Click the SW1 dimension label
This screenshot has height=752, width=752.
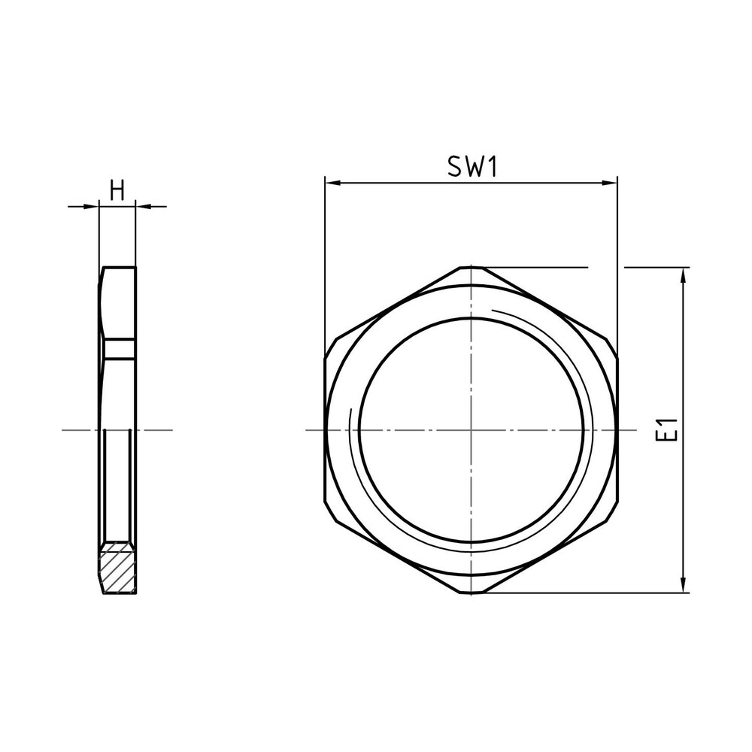coord(472,166)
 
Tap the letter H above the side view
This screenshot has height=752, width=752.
coord(117,190)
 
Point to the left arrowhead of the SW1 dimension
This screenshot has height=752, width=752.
coord(331,183)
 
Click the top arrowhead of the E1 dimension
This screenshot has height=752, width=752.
coord(683,274)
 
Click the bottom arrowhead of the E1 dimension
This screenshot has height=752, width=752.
coord(683,586)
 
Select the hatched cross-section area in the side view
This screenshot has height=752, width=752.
coord(117,569)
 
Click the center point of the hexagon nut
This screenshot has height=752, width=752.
coord(471,430)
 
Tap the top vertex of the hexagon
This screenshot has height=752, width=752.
coord(471,267)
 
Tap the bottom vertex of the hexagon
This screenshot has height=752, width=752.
coord(471,593)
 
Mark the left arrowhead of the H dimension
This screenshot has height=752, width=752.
coord(94,205)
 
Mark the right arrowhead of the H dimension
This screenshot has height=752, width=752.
coord(141,205)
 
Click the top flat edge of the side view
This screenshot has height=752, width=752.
coord(119,268)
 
